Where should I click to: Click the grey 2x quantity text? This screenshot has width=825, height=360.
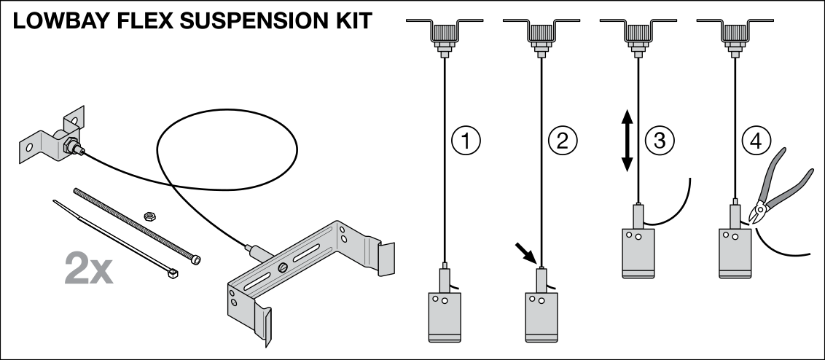tap(88, 268)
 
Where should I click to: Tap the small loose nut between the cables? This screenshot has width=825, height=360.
tap(149, 215)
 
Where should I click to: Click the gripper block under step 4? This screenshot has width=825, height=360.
tap(735, 251)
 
